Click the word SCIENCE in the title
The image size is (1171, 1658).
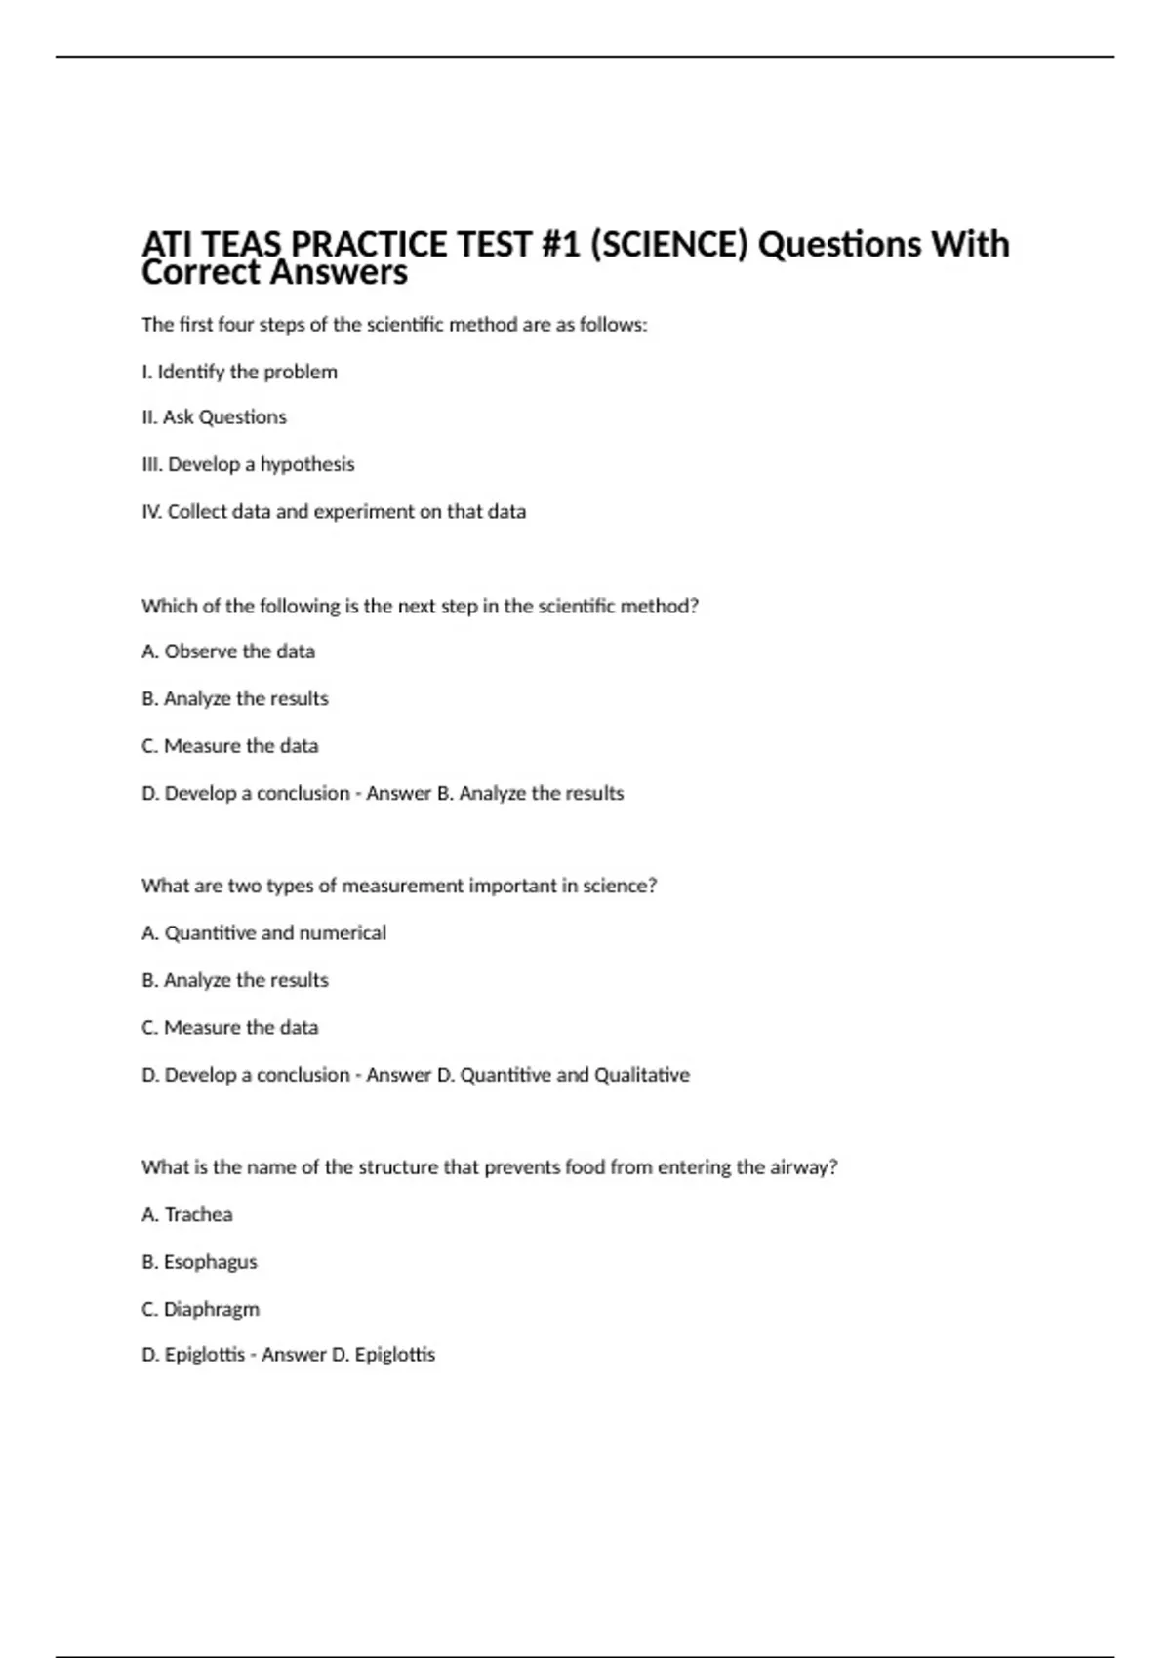(x=668, y=244)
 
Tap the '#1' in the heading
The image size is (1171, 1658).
(x=560, y=244)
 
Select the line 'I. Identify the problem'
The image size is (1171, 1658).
(x=239, y=372)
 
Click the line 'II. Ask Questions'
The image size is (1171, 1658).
(x=214, y=417)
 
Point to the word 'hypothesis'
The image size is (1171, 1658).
(x=307, y=464)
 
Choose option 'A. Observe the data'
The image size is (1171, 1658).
(x=228, y=651)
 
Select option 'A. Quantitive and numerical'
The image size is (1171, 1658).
(x=263, y=933)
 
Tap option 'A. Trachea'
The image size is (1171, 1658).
(x=187, y=1214)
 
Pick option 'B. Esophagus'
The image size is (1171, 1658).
(x=199, y=1262)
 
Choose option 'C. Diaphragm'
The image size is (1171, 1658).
(x=200, y=1309)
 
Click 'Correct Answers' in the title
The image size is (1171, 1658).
(x=274, y=273)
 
